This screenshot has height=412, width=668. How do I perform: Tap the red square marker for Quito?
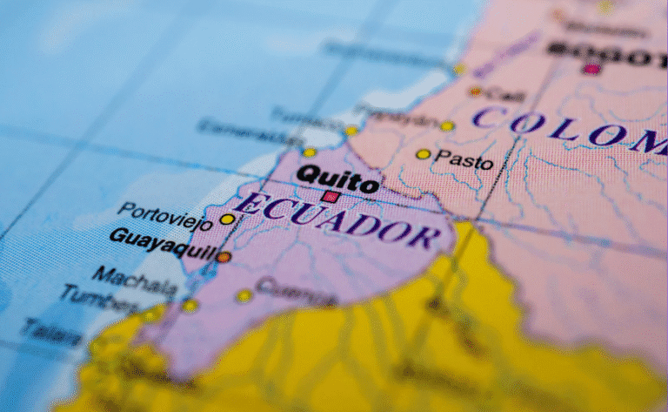330,198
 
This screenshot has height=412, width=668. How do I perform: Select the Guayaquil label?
163,245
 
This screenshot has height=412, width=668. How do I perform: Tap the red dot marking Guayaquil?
224,257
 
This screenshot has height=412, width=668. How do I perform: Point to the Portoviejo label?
164,215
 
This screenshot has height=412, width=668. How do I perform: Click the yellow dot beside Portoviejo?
227,220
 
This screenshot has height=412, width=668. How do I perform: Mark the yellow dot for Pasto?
423,154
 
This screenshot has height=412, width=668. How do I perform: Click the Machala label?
135,280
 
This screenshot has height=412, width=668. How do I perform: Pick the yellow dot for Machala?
190,305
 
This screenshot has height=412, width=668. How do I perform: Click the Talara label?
52,330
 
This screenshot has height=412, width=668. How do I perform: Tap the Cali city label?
504,94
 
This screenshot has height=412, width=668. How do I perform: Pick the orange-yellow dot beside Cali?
475,91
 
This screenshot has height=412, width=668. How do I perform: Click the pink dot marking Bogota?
592,68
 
